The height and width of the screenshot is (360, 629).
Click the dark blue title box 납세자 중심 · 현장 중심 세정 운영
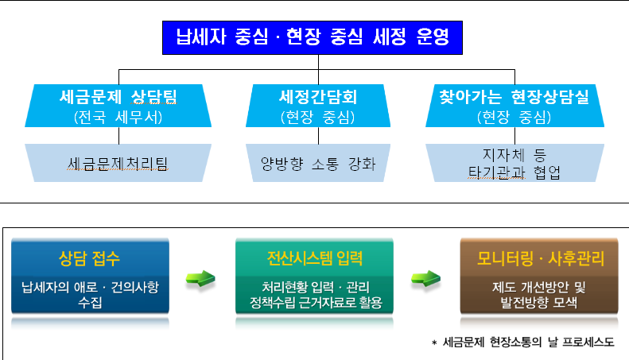point(312,37)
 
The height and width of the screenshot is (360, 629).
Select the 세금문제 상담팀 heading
point(118,97)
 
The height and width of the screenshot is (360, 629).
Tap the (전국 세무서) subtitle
point(118,117)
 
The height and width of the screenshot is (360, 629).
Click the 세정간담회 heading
point(318,97)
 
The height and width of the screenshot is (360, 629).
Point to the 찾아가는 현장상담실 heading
point(514,97)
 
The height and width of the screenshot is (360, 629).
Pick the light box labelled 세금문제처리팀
point(118,163)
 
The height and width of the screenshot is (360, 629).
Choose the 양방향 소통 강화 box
point(318,163)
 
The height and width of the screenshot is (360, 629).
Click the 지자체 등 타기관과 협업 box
point(514,163)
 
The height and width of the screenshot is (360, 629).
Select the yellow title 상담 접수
point(89,258)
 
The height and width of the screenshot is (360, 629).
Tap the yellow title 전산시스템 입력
point(315,258)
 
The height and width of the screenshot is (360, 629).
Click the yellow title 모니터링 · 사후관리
point(541,258)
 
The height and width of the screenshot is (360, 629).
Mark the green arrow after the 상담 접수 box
point(200,279)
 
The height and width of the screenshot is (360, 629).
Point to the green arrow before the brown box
point(426,279)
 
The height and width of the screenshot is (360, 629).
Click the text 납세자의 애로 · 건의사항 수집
point(91,294)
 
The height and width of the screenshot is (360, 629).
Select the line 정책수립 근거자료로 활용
point(316,302)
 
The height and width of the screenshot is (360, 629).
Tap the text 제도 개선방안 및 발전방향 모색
point(538,294)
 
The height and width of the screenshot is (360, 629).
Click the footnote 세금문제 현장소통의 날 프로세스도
point(528,342)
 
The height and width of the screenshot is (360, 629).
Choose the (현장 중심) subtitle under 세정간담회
point(318,117)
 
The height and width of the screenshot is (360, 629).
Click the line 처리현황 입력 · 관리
point(316,287)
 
